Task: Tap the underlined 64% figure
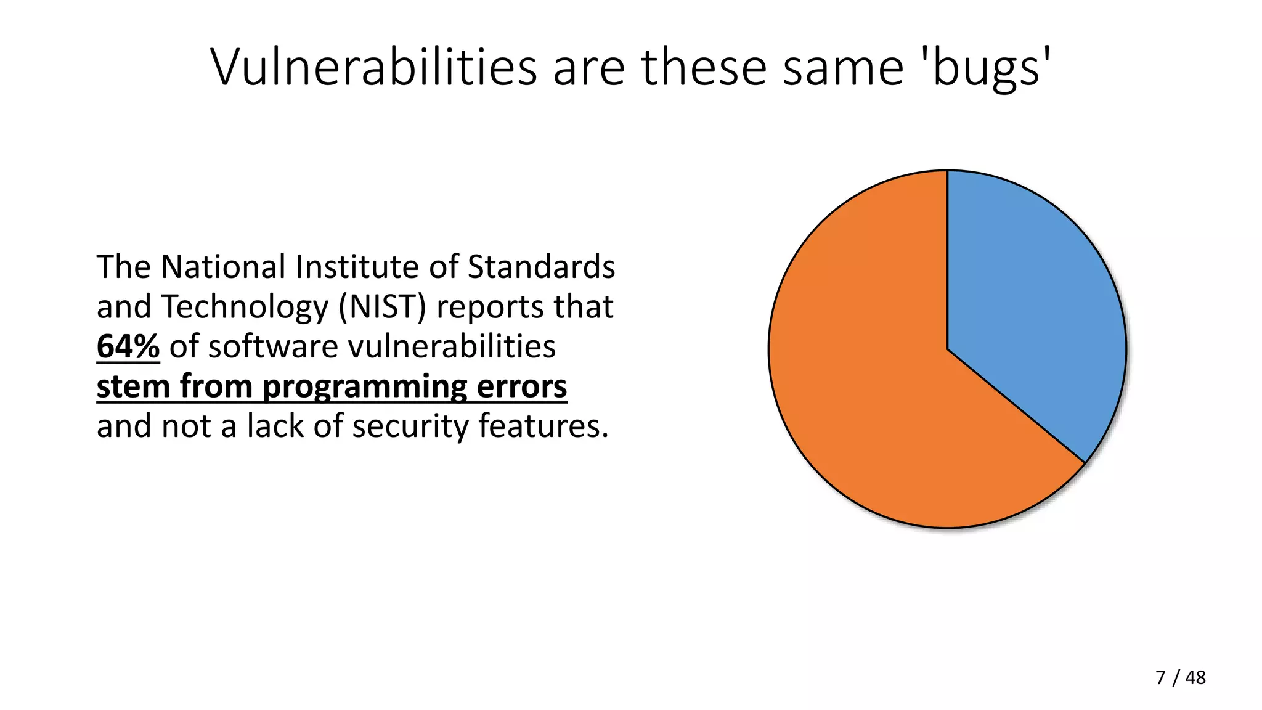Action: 128,346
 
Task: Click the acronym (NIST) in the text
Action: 382,307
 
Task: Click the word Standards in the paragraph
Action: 541,267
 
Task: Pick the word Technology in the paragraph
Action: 245,307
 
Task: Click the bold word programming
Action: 365,387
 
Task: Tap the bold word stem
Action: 133,386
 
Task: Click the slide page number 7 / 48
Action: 1181,677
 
